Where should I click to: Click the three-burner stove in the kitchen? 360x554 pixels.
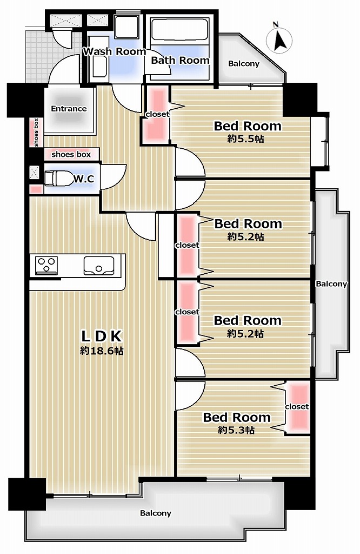(46, 265)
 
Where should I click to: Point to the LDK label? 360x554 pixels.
(102, 336)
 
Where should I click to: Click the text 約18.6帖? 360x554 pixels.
(102, 351)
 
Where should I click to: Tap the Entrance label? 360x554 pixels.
(69, 108)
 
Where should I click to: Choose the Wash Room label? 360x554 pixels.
(115, 51)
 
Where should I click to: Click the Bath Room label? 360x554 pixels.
(180, 61)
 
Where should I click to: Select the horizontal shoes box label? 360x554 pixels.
(71, 154)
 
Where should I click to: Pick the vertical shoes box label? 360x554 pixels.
(36, 132)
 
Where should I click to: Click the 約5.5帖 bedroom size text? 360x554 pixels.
(245, 138)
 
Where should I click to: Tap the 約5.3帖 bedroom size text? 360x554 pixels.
(236, 430)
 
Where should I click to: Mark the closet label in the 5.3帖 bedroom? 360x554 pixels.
(297, 407)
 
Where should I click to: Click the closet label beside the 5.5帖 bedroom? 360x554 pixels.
(157, 114)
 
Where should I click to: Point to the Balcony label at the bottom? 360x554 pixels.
(156, 513)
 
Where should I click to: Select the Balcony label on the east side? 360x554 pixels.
(331, 283)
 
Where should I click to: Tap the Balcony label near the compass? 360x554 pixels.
(244, 64)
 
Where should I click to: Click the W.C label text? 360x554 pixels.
(84, 179)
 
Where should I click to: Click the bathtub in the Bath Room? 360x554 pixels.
(179, 30)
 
